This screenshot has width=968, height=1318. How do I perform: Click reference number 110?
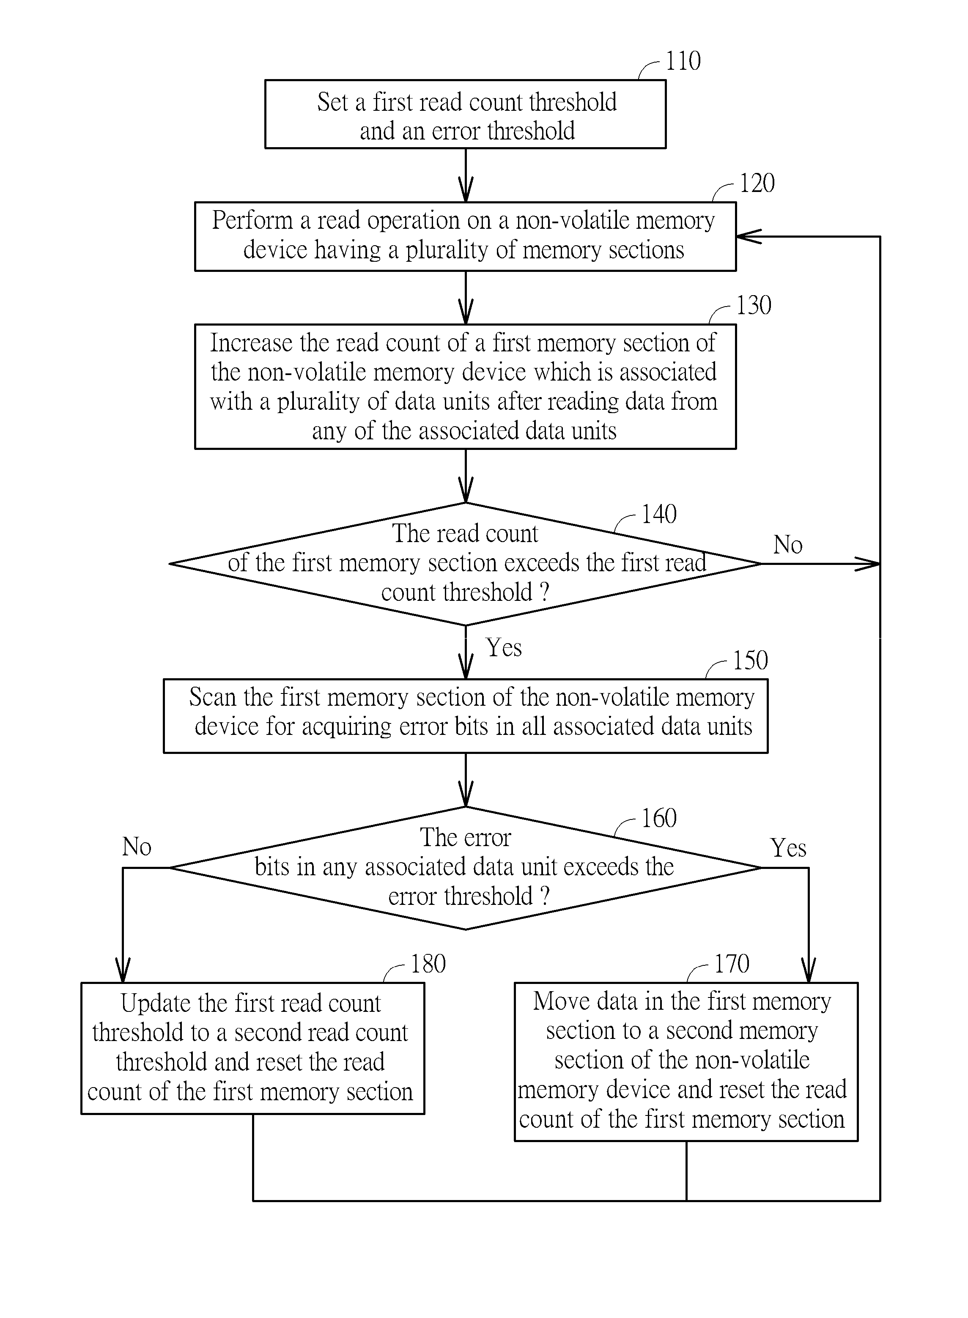click(x=683, y=61)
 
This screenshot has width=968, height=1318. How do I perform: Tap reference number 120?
click(x=757, y=184)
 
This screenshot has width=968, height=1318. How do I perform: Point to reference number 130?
click(x=754, y=305)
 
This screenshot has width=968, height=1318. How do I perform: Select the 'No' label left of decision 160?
click(x=137, y=847)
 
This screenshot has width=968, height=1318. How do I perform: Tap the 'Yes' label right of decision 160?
click(x=789, y=848)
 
